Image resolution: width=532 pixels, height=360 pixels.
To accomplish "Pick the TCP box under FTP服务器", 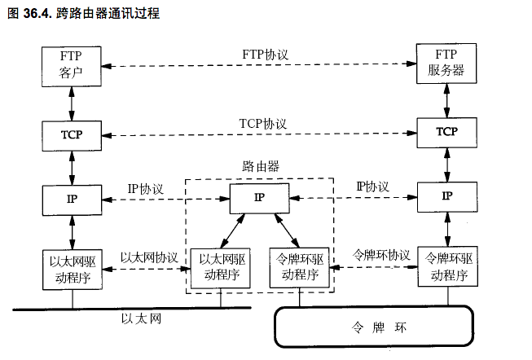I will pyautogui.click(x=446, y=131).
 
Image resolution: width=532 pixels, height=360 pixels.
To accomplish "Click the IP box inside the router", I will pyautogui.click(x=259, y=197).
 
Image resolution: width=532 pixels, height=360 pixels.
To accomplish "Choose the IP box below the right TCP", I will pyautogui.click(x=446, y=196).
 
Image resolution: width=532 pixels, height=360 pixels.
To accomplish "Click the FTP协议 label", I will pyautogui.click(x=266, y=54).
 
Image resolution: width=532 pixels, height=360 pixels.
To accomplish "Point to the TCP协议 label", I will pyautogui.click(x=263, y=122).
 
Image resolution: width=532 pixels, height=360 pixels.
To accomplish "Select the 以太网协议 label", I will pyautogui.click(x=149, y=257).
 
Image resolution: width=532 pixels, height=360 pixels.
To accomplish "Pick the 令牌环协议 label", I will pyautogui.click(x=380, y=255).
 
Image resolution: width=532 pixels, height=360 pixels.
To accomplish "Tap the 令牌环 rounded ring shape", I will pyautogui.click(x=372, y=328).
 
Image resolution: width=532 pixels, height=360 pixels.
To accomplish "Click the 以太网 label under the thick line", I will pyautogui.click(x=141, y=318).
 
